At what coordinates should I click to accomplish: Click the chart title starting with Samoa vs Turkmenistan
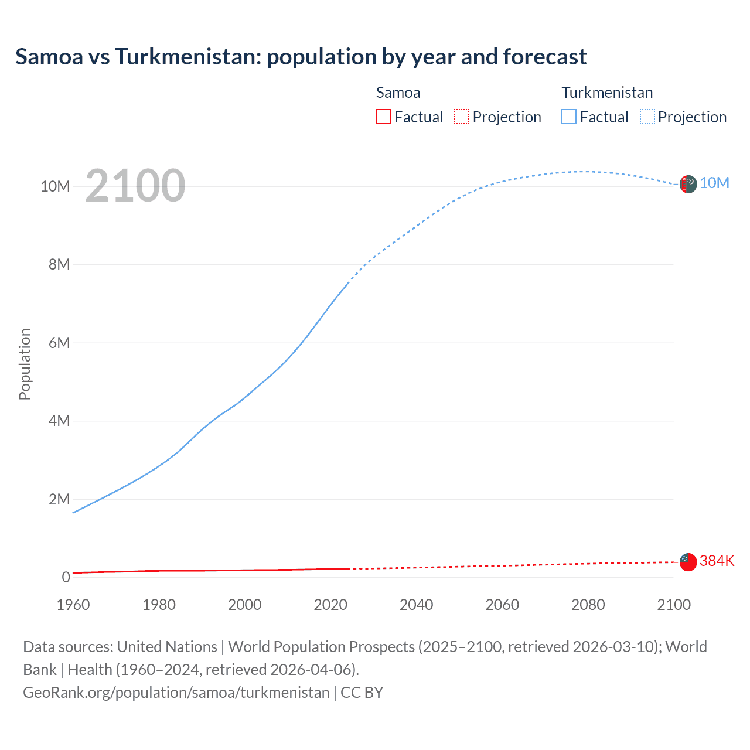(301, 57)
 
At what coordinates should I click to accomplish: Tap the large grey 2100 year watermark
(135, 186)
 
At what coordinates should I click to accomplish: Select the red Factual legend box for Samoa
(384, 117)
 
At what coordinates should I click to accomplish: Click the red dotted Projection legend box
(462, 117)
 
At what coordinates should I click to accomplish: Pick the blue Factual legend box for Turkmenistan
(569, 117)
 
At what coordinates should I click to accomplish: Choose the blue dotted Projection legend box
(647, 117)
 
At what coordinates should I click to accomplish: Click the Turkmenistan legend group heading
(607, 93)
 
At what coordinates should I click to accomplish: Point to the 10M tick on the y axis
(55, 186)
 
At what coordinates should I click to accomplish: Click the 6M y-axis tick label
(59, 343)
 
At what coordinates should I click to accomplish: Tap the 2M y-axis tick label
(59, 499)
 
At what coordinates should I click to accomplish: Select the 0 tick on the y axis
(66, 577)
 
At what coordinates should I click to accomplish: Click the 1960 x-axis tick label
(73, 605)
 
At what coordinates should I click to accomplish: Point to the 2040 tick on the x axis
(416, 605)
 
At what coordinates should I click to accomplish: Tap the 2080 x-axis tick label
(588, 605)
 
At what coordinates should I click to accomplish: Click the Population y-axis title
(25, 364)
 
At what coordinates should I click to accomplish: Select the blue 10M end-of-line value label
(714, 183)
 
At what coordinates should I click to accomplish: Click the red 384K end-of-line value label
(717, 561)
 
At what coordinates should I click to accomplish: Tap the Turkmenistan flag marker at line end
(688, 184)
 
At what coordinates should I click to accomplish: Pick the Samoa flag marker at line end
(688, 562)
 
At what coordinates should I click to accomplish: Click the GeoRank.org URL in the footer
(176, 693)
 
